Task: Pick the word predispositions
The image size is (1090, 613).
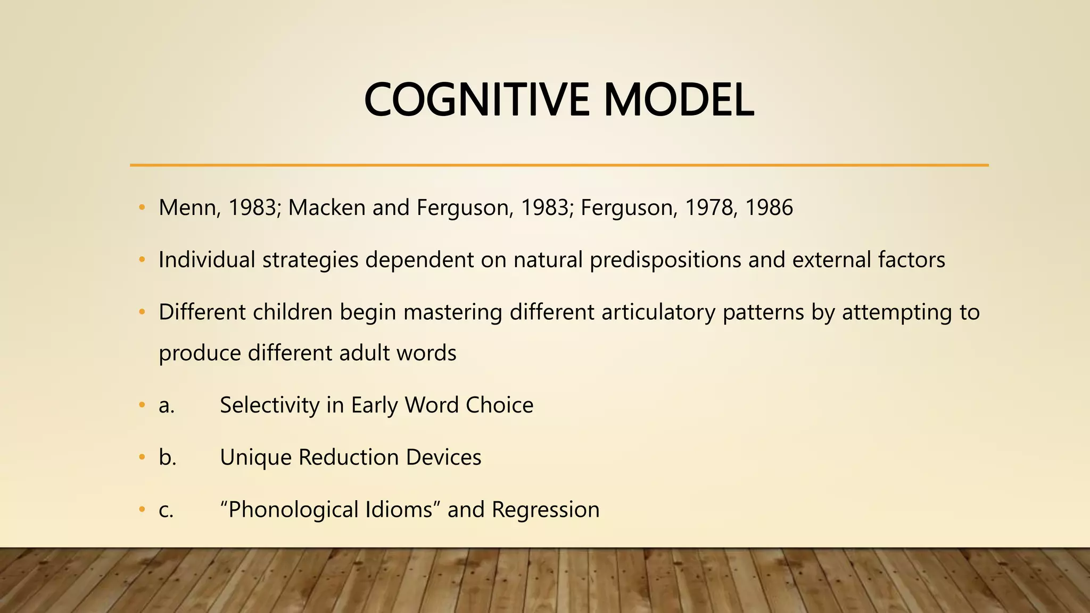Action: coord(665,260)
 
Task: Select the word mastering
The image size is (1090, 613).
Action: coord(452,312)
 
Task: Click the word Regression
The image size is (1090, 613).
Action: coord(545,510)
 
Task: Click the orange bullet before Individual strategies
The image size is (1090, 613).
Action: coord(142,260)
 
